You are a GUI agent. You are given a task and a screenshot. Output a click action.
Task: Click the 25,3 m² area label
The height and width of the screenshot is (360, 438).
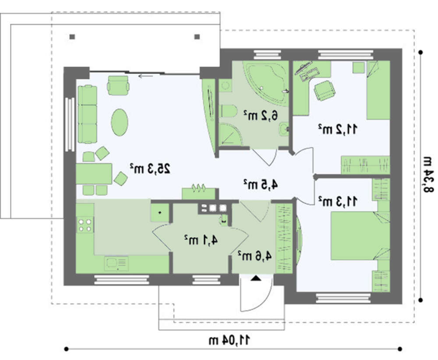click(150, 169)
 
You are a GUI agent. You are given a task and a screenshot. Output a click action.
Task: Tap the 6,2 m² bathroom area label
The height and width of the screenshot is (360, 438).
click(260, 115)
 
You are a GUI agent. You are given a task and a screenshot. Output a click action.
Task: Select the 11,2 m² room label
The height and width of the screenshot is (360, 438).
click(337, 129)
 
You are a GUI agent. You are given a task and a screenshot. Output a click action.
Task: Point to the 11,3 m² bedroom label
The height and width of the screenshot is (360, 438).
click(337, 201)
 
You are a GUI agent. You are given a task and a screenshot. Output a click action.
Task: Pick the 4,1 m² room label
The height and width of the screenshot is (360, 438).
click(201, 240)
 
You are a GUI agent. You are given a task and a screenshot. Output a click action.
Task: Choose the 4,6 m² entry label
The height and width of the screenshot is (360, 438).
click(254, 256)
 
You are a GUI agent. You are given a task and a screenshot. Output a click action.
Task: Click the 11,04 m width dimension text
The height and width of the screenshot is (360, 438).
click(230, 340)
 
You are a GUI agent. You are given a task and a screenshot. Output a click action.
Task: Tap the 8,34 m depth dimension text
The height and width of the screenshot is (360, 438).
click(428, 175)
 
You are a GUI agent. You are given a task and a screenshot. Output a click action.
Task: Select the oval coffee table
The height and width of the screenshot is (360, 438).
click(120, 122)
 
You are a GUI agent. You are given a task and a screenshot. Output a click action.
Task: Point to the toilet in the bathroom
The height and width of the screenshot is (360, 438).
click(229, 111)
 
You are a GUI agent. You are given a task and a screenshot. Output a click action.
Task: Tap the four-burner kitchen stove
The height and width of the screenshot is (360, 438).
click(85, 226)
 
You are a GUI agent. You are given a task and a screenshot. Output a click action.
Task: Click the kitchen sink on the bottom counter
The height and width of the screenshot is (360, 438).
click(117, 263)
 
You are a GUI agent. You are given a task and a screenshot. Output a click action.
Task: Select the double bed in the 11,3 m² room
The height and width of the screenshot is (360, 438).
click(360, 236)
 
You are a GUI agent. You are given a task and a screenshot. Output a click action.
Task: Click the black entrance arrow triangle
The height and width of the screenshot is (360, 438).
click(256, 278)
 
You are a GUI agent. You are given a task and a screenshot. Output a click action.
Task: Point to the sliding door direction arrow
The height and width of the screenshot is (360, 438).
click(145, 76)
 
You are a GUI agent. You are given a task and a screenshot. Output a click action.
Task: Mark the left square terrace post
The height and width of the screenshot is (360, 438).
click(72, 37)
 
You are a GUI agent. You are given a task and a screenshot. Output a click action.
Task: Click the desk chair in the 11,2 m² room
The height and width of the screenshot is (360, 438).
click(324, 90)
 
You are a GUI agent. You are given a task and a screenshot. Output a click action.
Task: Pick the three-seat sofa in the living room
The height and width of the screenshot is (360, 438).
click(88, 114)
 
